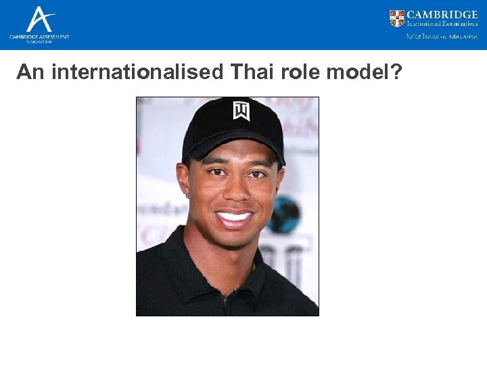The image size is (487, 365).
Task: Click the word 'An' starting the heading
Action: click(30, 72)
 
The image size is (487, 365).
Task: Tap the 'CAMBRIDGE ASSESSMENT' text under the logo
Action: click(39, 36)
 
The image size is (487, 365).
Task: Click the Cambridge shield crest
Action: click(397, 18)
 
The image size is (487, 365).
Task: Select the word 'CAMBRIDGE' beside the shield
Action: click(442, 14)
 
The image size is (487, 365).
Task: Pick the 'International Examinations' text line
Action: click(442, 24)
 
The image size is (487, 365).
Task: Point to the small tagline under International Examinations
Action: click(442, 36)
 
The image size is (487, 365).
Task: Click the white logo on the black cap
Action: click(241, 109)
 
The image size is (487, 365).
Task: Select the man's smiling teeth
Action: click(233, 218)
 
